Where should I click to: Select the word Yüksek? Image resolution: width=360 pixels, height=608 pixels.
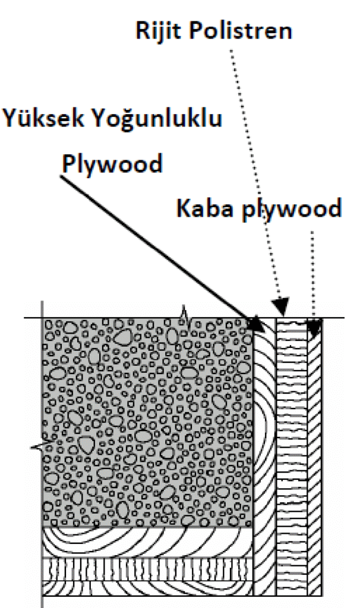pos(43,118)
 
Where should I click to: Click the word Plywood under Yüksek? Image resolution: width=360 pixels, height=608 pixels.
pos(112,163)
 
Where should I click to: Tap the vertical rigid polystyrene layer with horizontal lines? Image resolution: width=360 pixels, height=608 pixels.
pos(291,457)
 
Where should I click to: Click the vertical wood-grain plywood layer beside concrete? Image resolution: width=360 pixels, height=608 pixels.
pos(264,457)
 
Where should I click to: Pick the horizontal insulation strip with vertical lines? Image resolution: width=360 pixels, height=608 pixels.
pos(149,569)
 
